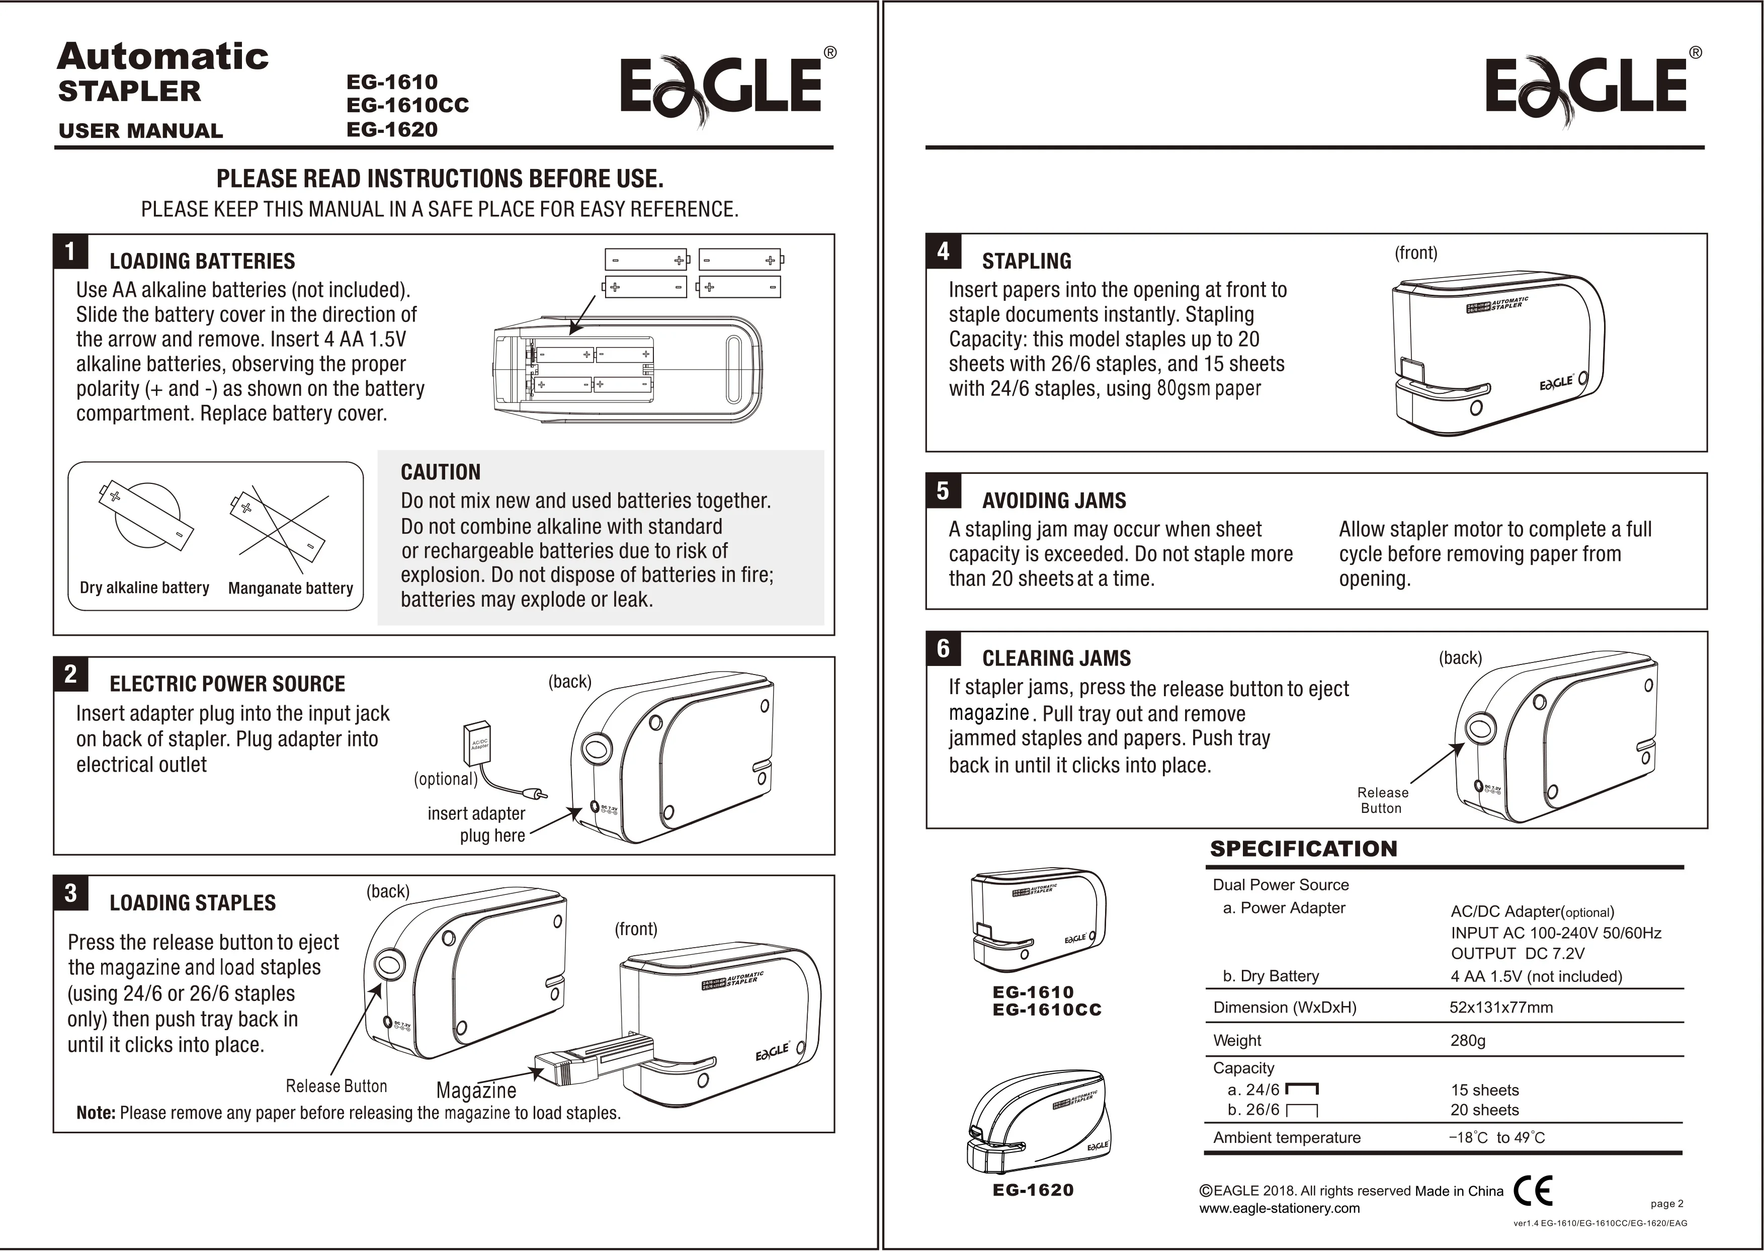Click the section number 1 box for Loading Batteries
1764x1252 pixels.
coord(70,252)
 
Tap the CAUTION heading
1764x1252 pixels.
coord(440,472)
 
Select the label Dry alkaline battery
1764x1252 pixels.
coord(144,588)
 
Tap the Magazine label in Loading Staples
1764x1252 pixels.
coord(476,1090)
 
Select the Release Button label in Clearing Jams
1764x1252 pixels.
coord(1382,800)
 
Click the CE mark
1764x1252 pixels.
coord(1533,1190)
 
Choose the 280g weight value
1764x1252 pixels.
coord(1467,1041)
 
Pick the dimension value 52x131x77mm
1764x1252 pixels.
coord(1500,1008)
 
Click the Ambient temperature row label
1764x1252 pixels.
coord(1286,1138)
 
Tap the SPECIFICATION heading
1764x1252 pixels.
coord(1303,849)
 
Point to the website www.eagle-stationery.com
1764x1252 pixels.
coord(1279,1209)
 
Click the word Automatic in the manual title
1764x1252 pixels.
coord(162,57)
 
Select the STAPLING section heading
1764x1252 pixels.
coord(1026,262)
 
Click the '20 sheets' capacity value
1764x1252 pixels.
coord(1484,1110)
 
